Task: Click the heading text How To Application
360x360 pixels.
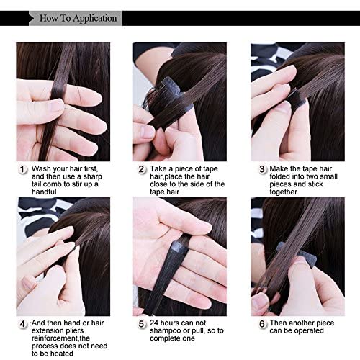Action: pyautogui.click(x=78, y=18)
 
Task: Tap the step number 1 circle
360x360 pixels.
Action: pyautogui.click(x=22, y=169)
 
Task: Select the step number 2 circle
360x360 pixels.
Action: pyautogui.click(x=141, y=169)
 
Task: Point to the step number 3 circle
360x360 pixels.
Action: pyautogui.click(x=262, y=169)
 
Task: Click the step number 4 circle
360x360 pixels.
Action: pyautogui.click(x=22, y=324)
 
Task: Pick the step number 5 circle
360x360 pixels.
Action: pyautogui.click(x=141, y=324)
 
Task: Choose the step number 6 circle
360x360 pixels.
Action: pyautogui.click(x=262, y=324)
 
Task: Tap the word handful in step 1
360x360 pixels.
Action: pyautogui.click(x=44, y=192)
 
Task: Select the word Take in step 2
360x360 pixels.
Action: pyautogui.click(x=158, y=168)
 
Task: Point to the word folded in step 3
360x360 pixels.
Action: pyautogui.click(x=279, y=176)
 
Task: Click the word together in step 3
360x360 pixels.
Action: pyautogui.click(x=284, y=192)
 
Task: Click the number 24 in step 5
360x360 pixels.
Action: pyautogui.click(x=154, y=323)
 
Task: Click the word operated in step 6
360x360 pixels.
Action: pyautogui.click(x=309, y=330)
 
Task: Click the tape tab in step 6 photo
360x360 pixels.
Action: pyautogui.click(x=298, y=255)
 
